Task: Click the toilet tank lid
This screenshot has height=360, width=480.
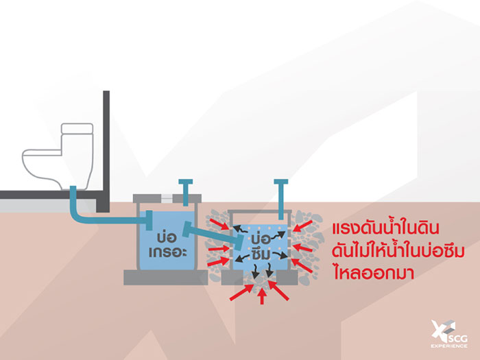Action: pyautogui.click(x=77, y=128)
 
